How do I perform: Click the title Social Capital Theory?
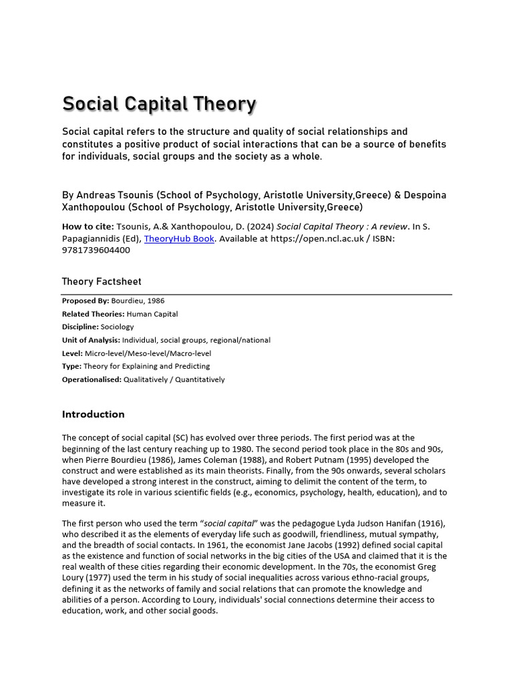click(159, 104)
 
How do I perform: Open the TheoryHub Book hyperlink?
click(179, 238)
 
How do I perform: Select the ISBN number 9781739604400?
click(96, 250)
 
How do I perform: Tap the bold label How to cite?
click(88, 226)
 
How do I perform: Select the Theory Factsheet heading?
click(102, 282)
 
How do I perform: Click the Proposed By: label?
click(85, 301)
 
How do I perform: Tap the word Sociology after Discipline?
click(118, 327)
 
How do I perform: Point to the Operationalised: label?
click(92, 379)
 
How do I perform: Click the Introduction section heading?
click(94, 414)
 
